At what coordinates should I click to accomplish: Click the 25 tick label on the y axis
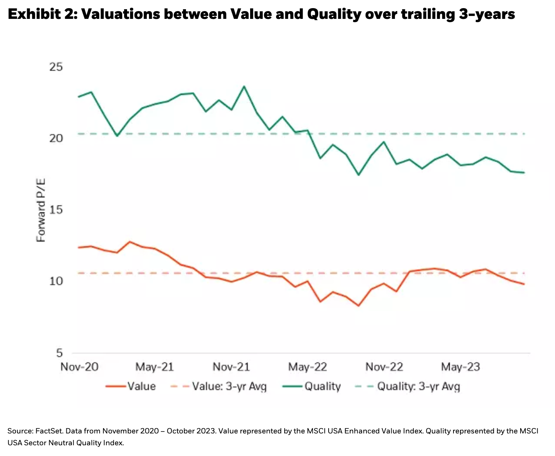coord(56,67)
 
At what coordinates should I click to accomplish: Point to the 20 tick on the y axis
coord(56,138)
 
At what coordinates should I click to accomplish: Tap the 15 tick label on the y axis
coord(56,210)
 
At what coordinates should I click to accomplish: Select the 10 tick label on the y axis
coord(56,281)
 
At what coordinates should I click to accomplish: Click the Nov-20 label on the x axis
coord(79,367)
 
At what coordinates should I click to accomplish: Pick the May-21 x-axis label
coord(154,367)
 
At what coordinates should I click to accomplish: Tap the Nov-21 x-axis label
coord(231,367)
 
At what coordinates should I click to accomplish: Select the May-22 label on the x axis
coord(308,367)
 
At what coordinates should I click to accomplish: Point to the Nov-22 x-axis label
coord(384,367)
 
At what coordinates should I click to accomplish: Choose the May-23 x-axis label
coord(461,367)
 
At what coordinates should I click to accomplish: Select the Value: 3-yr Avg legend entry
coord(219,386)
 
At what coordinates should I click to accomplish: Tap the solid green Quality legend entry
coord(312,386)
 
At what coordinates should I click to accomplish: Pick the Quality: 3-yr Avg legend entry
coord(408,386)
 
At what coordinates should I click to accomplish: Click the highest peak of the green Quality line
coord(244,87)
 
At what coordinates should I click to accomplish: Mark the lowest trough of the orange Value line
coord(358,306)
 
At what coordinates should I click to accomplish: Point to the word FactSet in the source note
coord(49,431)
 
